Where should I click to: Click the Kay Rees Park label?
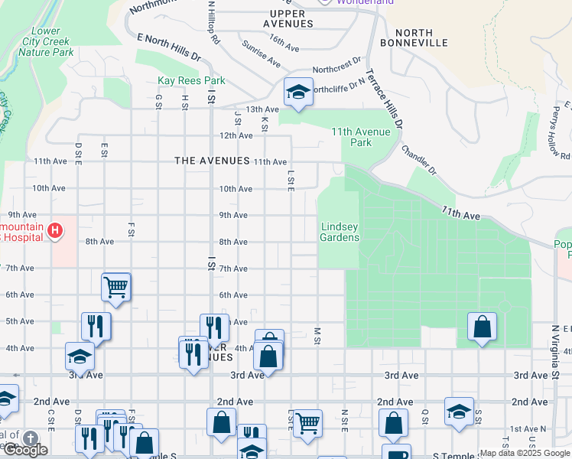pyautogui.click(x=190, y=80)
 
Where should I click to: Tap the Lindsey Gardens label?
pyautogui.click(x=340, y=232)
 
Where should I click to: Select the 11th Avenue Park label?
pyautogui.click(x=361, y=137)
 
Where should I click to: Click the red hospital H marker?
pyautogui.click(x=54, y=230)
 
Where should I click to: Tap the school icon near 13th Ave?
pyautogui.click(x=297, y=93)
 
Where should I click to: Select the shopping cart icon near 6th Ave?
pyautogui.click(x=116, y=288)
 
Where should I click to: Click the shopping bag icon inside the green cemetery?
pyautogui.click(x=482, y=327)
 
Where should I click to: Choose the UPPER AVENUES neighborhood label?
pyautogui.click(x=288, y=18)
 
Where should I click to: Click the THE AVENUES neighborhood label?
pyautogui.click(x=212, y=161)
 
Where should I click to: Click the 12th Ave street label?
pyautogui.click(x=236, y=135)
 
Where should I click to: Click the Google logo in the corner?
pyautogui.click(x=24, y=451)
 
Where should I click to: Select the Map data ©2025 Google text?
pyautogui.click(x=525, y=453)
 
